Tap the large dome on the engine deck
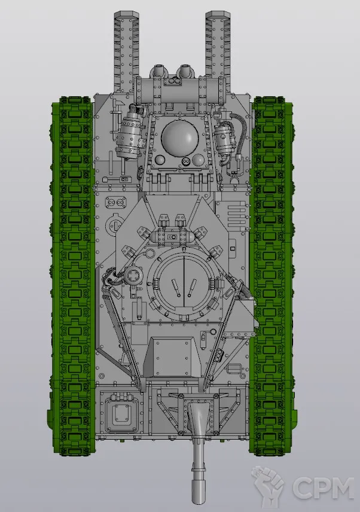180,137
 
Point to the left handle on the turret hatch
176,287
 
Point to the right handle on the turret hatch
192,287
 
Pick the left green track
73,276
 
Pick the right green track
272,276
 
